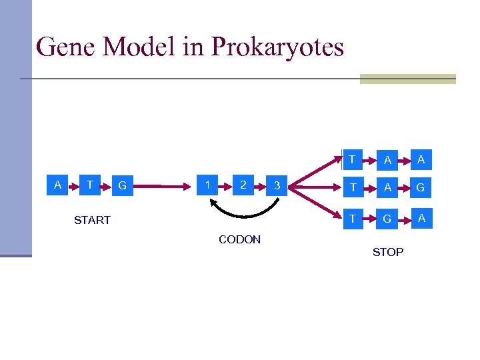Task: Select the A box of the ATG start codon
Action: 58,185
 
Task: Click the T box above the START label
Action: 89,185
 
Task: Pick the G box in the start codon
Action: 121,186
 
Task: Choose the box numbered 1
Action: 209,185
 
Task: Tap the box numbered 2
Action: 243,185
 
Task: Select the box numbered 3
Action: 277,187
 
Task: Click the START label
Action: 92,220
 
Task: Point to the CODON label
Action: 239,239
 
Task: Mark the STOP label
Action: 387,252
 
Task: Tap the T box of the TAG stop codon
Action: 352,187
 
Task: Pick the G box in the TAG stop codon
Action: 421,188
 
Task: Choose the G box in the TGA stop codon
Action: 387,218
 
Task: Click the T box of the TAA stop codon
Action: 352,159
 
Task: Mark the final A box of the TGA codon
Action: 421,217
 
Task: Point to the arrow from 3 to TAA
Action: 317,171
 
